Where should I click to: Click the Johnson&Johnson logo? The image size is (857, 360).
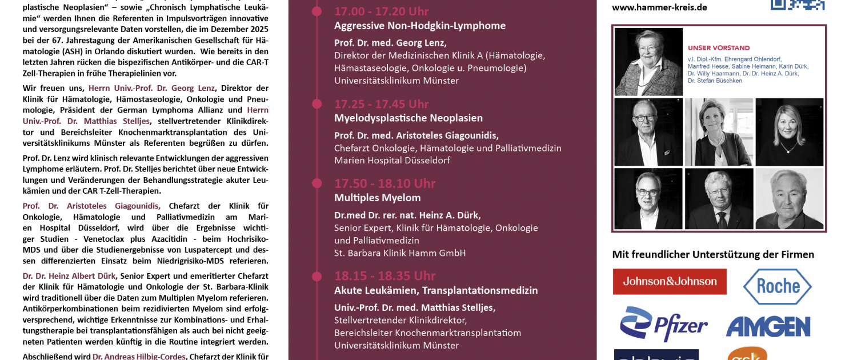(x=670, y=282)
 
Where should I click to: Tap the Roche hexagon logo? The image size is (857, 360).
(x=777, y=286)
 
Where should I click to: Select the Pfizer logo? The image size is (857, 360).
(x=664, y=325)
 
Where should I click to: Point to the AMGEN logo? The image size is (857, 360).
(x=768, y=327)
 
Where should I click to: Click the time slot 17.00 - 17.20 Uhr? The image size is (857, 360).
(x=381, y=11)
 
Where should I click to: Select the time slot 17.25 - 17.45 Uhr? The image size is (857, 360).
(x=381, y=104)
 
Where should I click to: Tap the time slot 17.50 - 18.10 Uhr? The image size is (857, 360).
(x=385, y=183)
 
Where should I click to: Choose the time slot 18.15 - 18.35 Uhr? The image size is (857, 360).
(x=385, y=276)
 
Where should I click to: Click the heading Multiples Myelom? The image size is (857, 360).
(x=377, y=198)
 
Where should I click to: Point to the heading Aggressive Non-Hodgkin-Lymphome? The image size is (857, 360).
(x=419, y=26)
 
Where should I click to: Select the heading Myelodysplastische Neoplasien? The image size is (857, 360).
(x=408, y=118)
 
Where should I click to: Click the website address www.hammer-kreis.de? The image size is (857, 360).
(x=659, y=7)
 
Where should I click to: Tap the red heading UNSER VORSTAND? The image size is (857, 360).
(x=719, y=48)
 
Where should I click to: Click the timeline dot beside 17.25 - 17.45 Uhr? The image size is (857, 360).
(x=315, y=104)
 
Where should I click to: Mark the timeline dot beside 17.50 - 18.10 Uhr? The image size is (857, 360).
(x=315, y=183)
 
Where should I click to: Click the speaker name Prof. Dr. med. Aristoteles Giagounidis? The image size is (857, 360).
(x=416, y=135)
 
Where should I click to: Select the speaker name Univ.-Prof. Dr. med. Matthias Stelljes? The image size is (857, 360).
(x=415, y=307)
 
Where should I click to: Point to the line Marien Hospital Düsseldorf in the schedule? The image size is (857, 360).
(x=392, y=161)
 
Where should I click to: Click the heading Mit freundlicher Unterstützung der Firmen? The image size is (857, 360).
(x=713, y=254)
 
